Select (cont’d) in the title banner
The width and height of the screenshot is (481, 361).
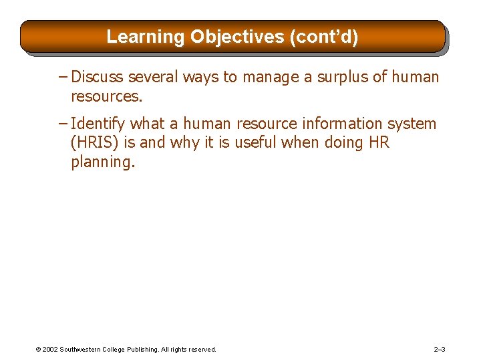click(324, 36)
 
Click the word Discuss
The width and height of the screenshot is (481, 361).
click(97, 78)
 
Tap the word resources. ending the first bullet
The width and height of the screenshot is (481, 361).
click(106, 97)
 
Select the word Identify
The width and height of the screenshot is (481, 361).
click(98, 124)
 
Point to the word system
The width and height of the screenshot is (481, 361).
click(412, 124)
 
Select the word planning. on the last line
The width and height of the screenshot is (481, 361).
click(103, 162)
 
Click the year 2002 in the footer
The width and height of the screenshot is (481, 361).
click(50, 350)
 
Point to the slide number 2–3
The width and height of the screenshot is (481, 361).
click(440, 350)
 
